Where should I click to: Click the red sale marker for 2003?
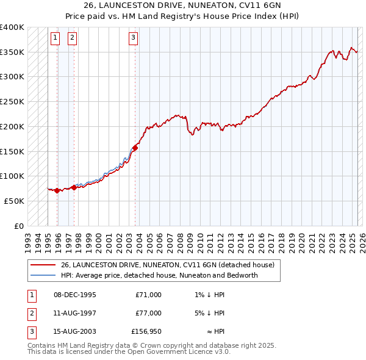(x=136, y=148)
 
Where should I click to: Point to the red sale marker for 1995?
(x=57, y=190)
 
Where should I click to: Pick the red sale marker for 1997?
(x=74, y=187)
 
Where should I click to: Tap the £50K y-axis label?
(x=15, y=201)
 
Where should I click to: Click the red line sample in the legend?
(x=43, y=265)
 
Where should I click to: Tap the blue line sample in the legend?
(x=43, y=275)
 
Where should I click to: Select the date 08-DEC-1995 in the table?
(x=75, y=295)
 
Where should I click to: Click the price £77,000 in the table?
(x=148, y=313)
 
